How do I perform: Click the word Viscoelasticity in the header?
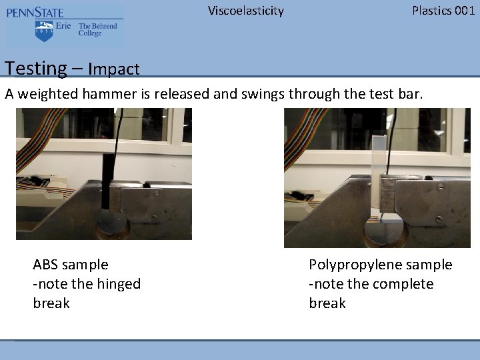(245, 11)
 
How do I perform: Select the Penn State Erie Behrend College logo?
(65, 27)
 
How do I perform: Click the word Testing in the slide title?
(35, 68)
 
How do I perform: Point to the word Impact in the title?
(113, 69)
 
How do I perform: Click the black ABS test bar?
(105, 191)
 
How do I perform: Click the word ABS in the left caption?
(47, 265)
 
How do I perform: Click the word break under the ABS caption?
(51, 303)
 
